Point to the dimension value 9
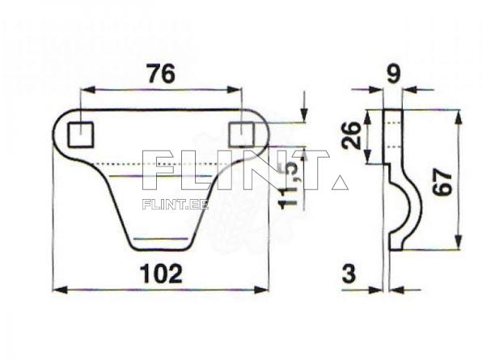pyautogui.click(x=394, y=74)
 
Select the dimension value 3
pyautogui.click(x=349, y=273)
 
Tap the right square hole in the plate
pyautogui.click(x=242, y=133)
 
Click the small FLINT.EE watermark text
pyautogui.click(x=175, y=205)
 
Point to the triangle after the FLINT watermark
pyautogui.click(x=340, y=182)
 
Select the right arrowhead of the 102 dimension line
pyautogui.click(x=263, y=289)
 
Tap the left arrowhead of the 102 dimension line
pyautogui.click(x=58, y=289)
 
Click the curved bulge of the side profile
pyautogui.click(x=413, y=207)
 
